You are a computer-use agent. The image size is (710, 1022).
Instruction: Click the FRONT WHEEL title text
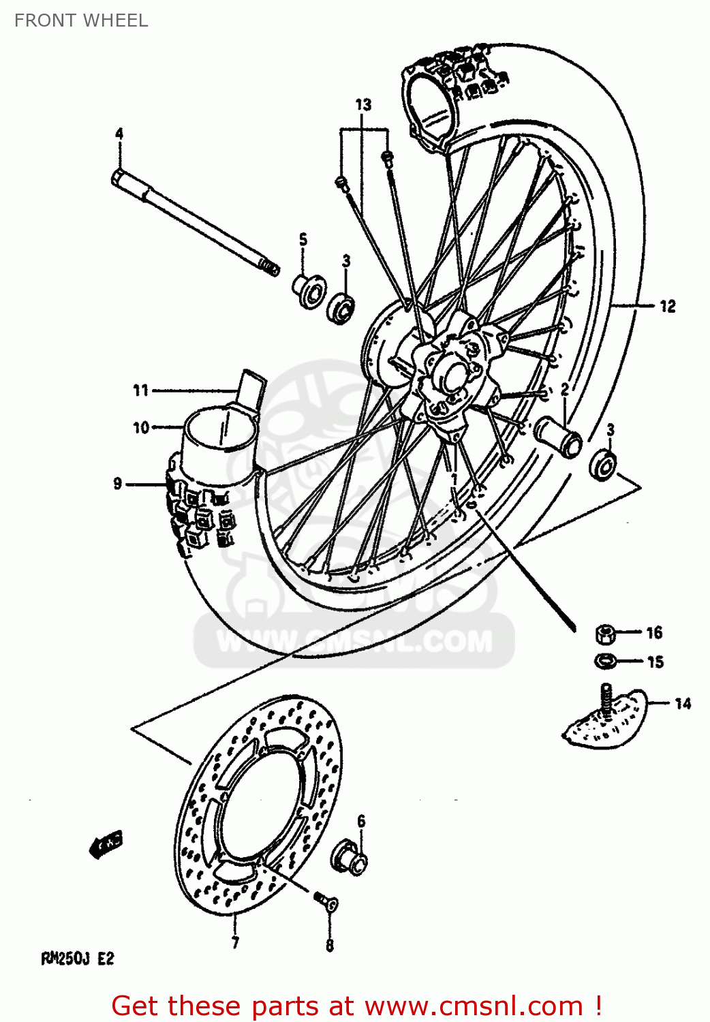tap(80, 20)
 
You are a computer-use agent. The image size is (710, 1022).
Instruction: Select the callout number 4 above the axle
tap(119, 134)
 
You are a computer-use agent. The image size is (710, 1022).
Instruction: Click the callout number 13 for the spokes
tap(363, 104)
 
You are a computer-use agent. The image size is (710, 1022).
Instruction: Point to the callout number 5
tap(303, 239)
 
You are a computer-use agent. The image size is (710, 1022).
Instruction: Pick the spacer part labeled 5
tap(309, 291)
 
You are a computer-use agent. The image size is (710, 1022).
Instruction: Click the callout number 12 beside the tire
tap(668, 307)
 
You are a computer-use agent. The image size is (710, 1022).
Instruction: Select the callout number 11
tap(140, 390)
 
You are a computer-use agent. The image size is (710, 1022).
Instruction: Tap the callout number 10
tap(140, 428)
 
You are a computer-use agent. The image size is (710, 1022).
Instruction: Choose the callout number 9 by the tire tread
tap(117, 484)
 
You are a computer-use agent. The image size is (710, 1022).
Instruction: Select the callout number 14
tap(683, 703)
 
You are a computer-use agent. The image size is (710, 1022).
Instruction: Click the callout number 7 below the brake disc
tap(235, 943)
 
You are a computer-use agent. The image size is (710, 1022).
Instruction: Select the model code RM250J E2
tap(78, 959)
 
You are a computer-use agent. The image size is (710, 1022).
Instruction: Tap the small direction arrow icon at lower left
tap(105, 845)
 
